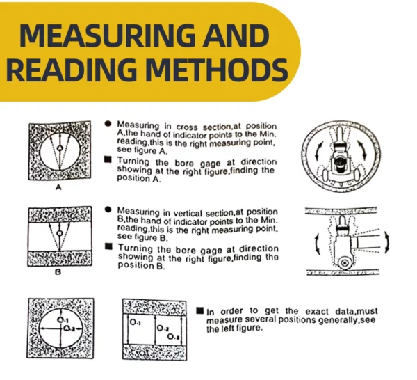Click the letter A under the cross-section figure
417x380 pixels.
point(58,187)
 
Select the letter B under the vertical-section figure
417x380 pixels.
point(58,272)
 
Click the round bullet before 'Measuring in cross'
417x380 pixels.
point(108,124)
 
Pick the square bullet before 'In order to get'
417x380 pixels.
point(200,310)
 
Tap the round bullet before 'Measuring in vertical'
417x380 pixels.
point(108,209)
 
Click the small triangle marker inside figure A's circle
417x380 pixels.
point(60,148)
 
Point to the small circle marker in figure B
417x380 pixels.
point(60,234)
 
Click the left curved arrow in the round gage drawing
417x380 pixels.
point(317,151)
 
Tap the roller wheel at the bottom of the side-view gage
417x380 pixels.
point(345,263)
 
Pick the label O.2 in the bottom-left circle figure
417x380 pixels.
point(69,329)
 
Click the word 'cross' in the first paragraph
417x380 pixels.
point(187,127)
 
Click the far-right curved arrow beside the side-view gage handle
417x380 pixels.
point(387,242)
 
